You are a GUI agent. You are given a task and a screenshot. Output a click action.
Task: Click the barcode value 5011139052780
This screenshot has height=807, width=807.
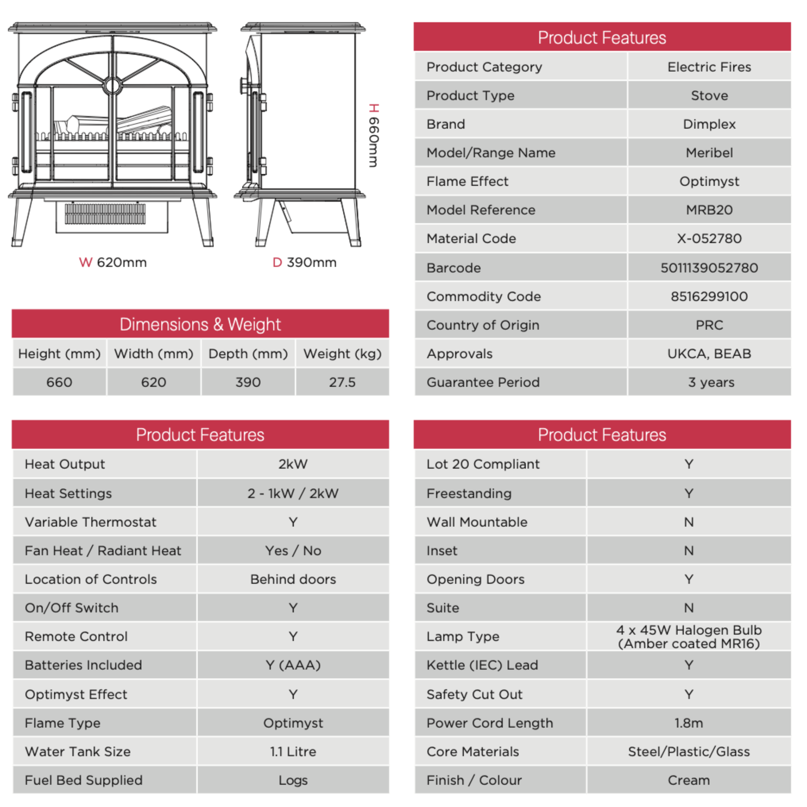coord(709,268)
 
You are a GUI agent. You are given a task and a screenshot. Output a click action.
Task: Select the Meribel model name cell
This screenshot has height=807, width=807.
coord(709,153)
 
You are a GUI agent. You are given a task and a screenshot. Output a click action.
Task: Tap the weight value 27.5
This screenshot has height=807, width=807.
coord(342,382)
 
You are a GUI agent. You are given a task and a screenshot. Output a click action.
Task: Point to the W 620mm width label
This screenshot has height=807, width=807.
coord(113,262)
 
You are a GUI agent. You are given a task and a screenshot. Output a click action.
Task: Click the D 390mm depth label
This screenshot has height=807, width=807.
coord(304,262)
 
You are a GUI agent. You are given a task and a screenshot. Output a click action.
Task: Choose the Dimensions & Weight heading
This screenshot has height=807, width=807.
coord(200,324)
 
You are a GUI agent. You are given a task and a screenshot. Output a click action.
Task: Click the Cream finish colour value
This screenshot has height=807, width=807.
coord(688,780)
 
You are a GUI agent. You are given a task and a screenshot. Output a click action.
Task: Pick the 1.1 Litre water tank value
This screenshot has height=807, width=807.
coord(293,751)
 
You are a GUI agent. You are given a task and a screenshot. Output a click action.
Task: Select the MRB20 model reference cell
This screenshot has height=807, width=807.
coord(709,210)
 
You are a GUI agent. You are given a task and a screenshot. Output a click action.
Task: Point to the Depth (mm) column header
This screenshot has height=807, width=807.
coord(248,354)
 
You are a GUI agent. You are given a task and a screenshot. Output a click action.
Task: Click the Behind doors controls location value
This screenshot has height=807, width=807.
coord(293,579)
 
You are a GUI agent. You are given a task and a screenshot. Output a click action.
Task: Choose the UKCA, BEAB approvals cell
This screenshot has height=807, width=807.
coord(709,354)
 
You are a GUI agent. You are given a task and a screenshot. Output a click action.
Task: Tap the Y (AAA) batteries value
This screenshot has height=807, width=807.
coord(293,665)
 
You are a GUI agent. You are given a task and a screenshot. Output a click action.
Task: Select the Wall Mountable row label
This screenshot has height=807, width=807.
coord(477,522)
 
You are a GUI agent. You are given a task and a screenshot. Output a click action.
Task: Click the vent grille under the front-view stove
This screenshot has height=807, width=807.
coord(105,213)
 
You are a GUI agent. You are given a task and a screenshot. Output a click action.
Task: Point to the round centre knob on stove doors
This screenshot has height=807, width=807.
coord(112,86)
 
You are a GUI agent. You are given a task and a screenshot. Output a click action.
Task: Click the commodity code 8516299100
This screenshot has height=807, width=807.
coord(709,297)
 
